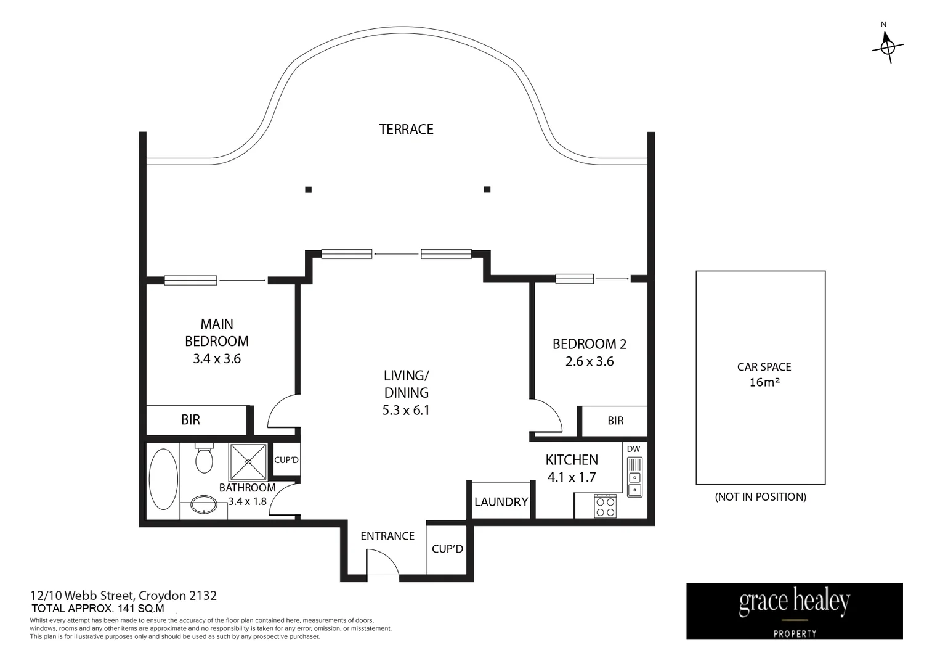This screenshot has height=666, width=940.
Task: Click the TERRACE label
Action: click(x=406, y=129)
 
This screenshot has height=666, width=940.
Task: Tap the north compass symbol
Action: click(x=888, y=46)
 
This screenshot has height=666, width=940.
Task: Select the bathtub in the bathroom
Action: click(x=163, y=479)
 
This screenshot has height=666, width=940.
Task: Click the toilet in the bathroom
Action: click(x=203, y=459)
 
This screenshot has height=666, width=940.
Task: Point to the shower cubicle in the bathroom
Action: click(x=248, y=461)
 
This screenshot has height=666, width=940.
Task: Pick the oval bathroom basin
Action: click(x=204, y=505)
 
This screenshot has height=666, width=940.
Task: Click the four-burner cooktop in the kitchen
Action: click(x=605, y=506)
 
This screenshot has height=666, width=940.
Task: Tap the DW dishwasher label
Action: click(x=633, y=449)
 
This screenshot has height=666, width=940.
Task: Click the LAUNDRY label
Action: click(x=501, y=502)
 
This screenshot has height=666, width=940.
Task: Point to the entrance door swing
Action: click(x=382, y=562)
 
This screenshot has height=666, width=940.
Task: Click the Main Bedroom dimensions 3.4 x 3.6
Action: click(x=216, y=359)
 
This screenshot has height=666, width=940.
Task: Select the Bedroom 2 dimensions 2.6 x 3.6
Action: click(x=590, y=361)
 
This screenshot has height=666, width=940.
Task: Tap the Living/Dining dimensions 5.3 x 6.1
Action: click(x=406, y=410)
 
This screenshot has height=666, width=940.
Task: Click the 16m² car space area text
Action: click(x=764, y=382)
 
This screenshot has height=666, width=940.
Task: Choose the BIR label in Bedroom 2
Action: click(x=615, y=421)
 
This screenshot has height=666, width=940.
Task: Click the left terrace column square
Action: click(x=308, y=190)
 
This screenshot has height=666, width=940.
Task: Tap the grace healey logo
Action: click(x=794, y=610)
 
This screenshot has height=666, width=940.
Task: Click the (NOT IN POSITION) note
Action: click(x=760, y=496)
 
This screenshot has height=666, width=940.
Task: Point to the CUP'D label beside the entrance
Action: click(x=447, y=549)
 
